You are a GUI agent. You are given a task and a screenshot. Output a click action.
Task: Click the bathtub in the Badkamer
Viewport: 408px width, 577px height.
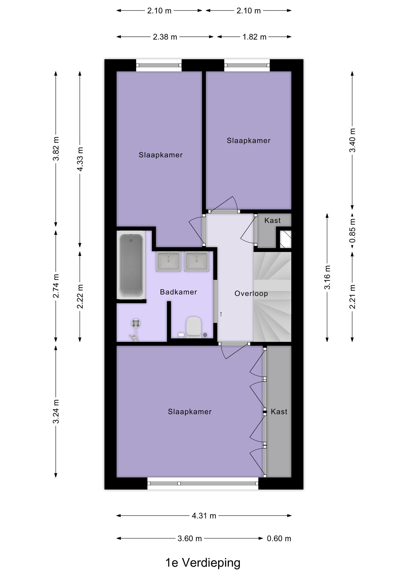click(x=131, y=266)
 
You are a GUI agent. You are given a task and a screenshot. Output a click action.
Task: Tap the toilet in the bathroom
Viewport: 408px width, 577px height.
click(x=194, y=327)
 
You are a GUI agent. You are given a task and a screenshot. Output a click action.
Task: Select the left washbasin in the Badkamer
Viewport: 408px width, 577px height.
click(x=168, y=261)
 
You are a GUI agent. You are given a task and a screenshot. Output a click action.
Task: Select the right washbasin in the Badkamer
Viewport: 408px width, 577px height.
click(x=197, y=261)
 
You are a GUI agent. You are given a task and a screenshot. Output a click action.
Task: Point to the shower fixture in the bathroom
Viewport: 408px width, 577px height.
click(x=136, y=330)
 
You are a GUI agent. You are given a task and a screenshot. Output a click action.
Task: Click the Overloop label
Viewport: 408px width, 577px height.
click(x=251, y=294)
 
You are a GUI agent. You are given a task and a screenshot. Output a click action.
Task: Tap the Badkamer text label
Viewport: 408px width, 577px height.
click(x=178, y=292)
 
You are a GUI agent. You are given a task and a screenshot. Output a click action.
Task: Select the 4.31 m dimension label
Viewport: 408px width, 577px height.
click(x=204, y=516)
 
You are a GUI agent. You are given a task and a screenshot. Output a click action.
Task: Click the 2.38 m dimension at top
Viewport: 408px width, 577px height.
click(x=165, y=37)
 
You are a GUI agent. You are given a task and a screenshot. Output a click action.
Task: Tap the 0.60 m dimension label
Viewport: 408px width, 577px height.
click(x=279, y=538)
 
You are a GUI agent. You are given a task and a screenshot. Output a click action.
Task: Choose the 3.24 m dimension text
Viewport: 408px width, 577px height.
click(x=56, y=411)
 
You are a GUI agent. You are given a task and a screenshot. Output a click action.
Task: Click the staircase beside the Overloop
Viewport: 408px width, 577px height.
click(x=272, y=296)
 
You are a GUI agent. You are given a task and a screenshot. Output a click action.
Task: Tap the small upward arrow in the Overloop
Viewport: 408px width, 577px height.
click(x=221, y=314)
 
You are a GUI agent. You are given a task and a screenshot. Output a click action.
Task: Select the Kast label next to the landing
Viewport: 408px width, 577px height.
click(x=273, y=220)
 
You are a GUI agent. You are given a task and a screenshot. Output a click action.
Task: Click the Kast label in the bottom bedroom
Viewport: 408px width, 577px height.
click(x=279, y=411)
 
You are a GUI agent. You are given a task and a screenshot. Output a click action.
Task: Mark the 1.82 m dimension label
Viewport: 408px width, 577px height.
click(x=254, y=37)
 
